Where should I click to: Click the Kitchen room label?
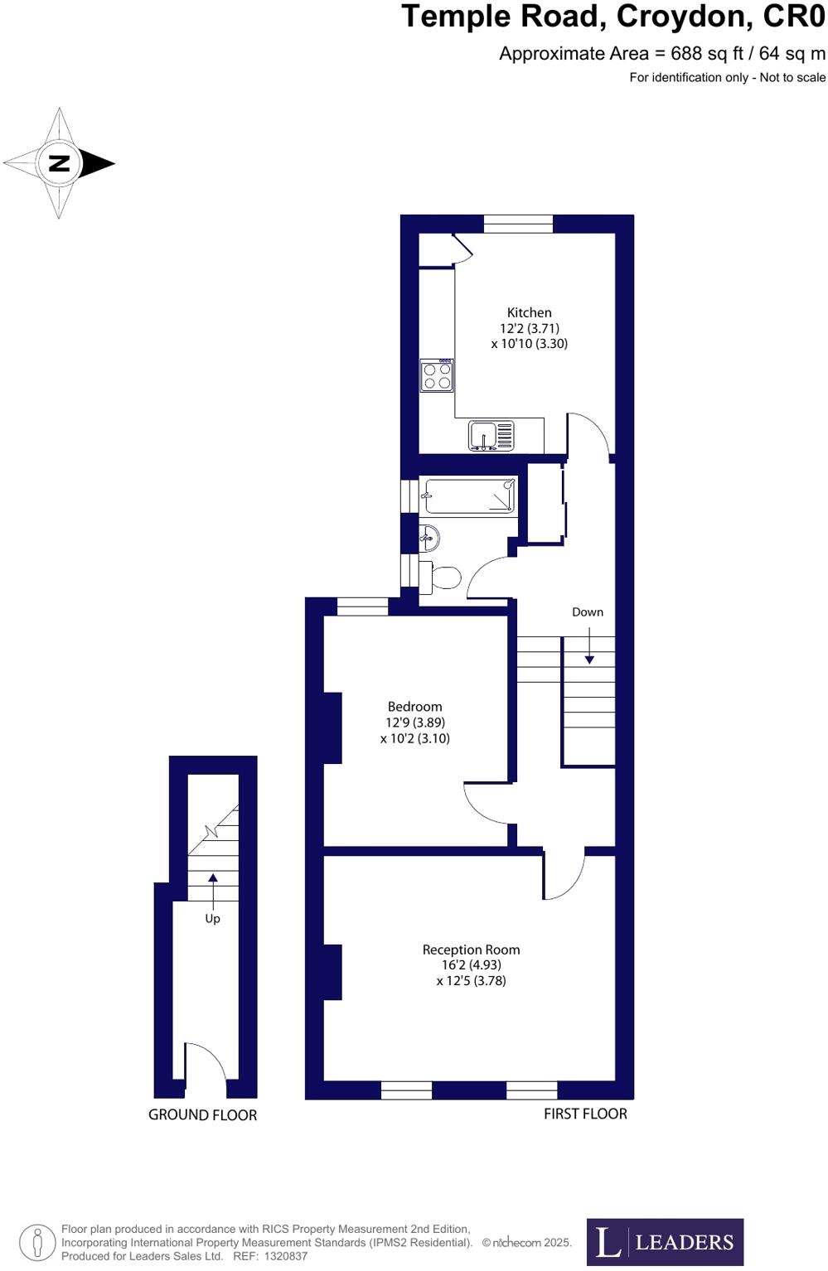coord(529,312)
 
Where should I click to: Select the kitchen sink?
coord(491,436)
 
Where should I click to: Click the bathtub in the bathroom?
coord(469,497)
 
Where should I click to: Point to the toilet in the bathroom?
coord(443,577)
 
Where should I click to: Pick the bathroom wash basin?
coord(429,539)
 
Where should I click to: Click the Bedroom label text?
coord(414,707)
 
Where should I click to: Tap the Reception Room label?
coord(471,950)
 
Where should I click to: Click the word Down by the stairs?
coord(587,612)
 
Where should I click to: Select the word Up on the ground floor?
coord(212,919)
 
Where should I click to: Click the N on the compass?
coord(60,163)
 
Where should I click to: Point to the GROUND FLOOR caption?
coord(202,1115)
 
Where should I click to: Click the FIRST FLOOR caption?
coord(585,1114)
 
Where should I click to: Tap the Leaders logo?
coord(665,1242)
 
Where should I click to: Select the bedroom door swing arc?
coord(484,805)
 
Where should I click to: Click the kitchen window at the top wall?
coord(518,224)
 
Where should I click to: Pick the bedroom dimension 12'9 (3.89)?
coord(414,722)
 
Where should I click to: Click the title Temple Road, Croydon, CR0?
coord(613,17)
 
